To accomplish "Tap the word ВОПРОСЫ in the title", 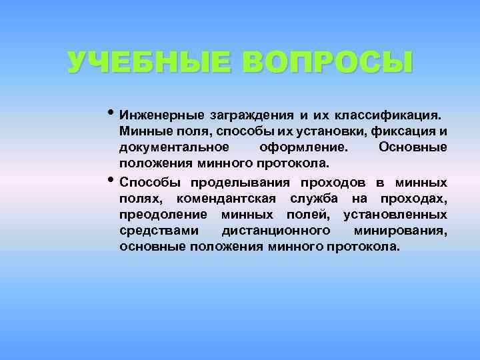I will [x=327, y=63].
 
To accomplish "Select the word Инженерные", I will [x=161, y=115].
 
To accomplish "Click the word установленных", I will [x=395, y=215].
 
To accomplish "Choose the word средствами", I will [x=159, y=231].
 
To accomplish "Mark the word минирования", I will [x=402, y=231].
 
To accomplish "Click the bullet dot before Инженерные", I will [x=111, y=111].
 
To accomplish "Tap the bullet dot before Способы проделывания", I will [x=111, y=179].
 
